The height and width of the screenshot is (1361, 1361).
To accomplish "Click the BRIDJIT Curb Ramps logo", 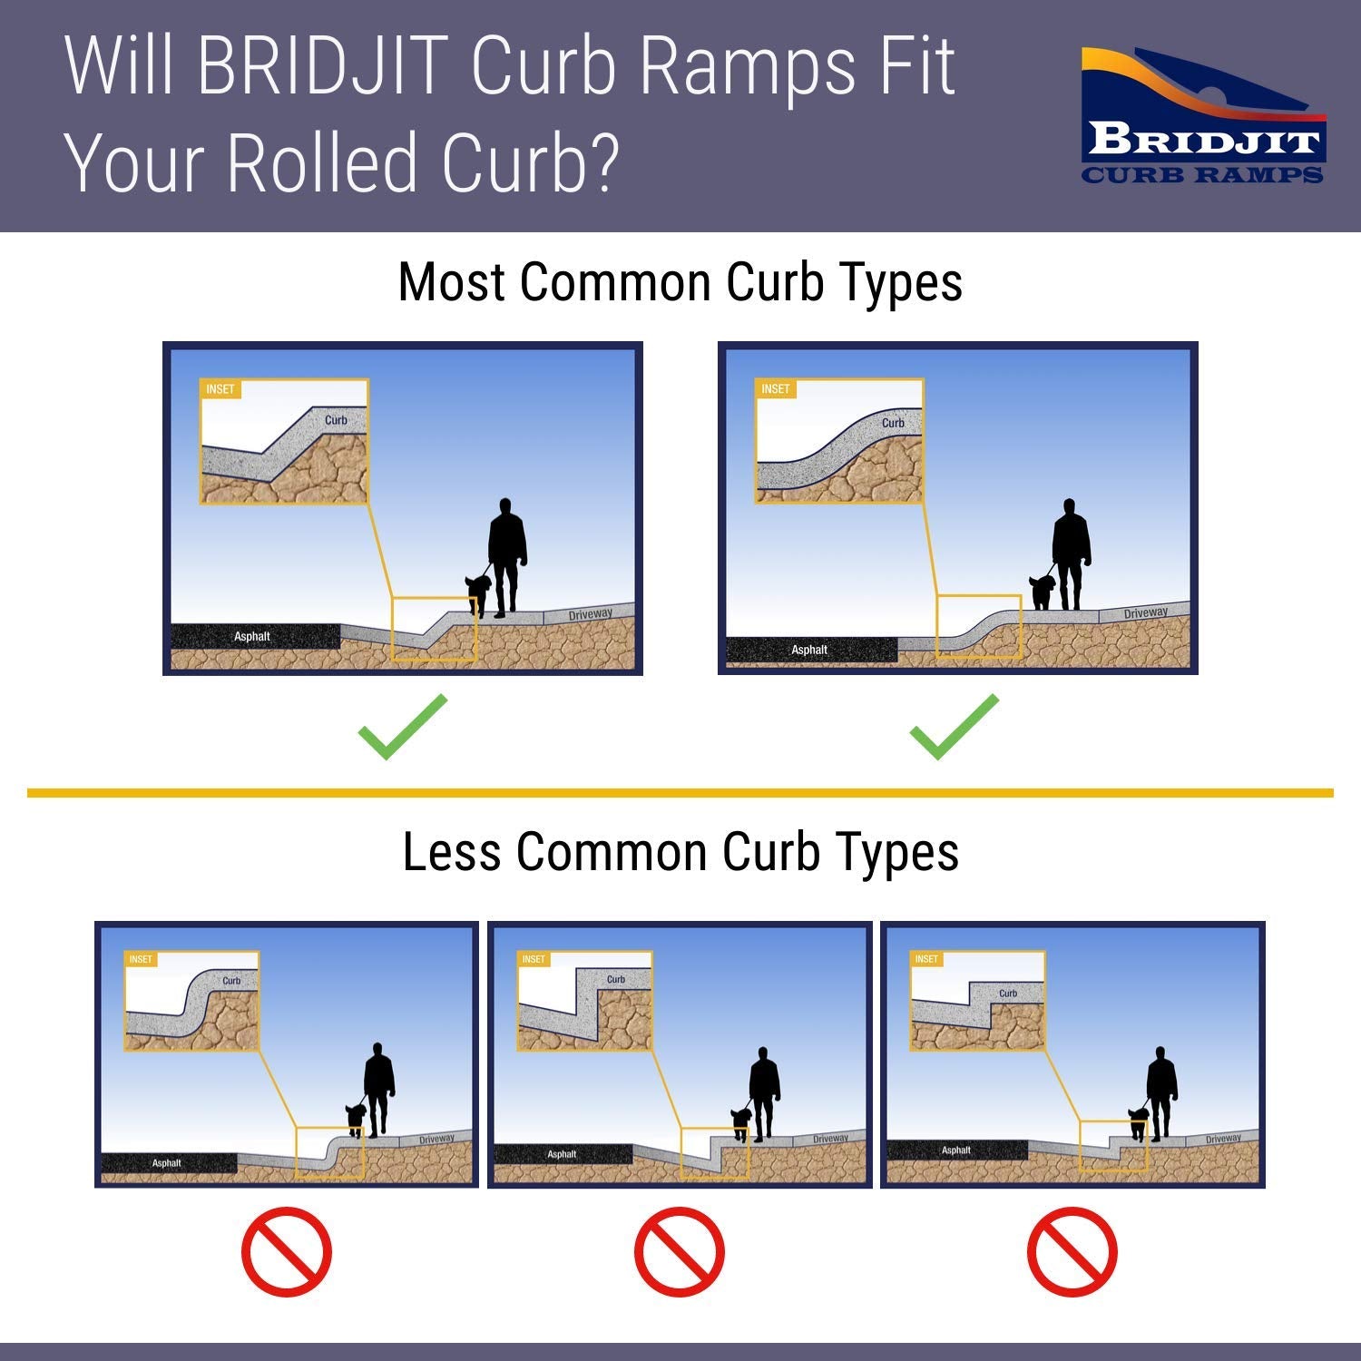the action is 1203,116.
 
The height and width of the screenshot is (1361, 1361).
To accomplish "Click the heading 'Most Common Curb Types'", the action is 680,282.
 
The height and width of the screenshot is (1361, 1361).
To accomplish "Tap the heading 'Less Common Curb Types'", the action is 680,852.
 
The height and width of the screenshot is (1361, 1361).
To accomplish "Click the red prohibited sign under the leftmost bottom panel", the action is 287,1252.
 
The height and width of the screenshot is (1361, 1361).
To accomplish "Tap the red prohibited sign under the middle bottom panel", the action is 680,1252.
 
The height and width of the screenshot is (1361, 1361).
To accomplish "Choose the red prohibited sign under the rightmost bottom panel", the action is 1072,1252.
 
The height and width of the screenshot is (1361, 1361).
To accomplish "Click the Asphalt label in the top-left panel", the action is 252,637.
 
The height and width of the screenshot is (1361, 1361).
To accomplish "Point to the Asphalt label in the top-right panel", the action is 809,650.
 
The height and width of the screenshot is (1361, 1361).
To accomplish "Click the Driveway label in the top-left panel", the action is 591,614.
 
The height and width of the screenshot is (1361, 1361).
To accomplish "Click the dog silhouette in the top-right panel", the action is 1042,592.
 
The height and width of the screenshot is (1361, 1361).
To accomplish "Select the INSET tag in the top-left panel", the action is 220,389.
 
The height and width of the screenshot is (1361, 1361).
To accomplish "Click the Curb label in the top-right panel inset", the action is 893,423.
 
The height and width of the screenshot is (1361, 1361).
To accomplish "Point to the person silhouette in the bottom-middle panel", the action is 764,1093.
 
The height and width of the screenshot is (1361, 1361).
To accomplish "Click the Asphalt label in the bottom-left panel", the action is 167,1163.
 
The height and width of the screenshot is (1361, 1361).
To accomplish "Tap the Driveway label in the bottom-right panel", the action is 1223,1139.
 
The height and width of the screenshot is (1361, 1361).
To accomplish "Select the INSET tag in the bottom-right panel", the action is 926,959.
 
